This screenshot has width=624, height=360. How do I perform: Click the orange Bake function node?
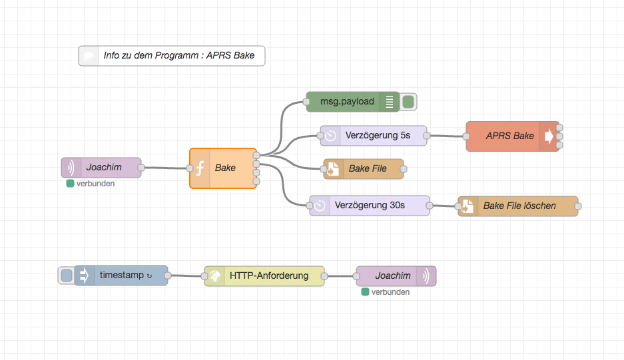(x=226, y=168)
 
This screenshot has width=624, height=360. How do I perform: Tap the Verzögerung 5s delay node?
(x=377, y=136)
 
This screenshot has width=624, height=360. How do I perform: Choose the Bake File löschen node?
(x=519, y=206)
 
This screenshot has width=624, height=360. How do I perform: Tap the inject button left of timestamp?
(x=66, y=275)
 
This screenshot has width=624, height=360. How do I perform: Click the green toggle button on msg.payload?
(x=408, y=102)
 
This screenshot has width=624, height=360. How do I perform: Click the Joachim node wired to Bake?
(x=103, y=168)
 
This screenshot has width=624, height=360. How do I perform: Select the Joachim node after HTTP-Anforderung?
(x=393, y=275)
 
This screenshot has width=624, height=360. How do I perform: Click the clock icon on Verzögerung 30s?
(x=320, y=206)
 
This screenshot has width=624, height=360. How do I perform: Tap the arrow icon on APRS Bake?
(x=549, y=136)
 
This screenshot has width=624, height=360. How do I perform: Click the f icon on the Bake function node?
(x=199, y=168)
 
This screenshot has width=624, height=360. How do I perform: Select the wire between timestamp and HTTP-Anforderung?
(x=186, y=275)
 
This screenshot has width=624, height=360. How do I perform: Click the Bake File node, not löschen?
(x=368, y=169)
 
